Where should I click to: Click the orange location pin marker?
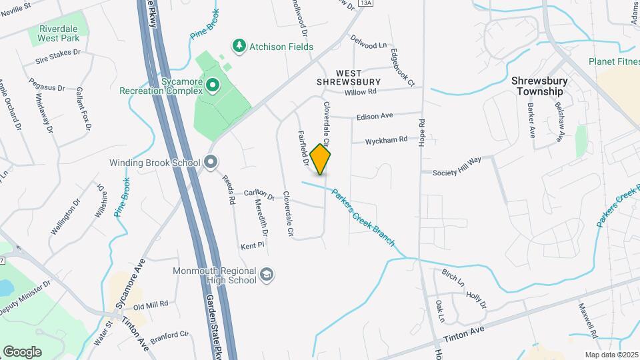pyautogui.click(x=321, y=159)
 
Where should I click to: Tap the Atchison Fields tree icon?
pyautogui.click(x=238, y=46)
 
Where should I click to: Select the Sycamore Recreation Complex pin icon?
pyautogui.click(x=213, y=85)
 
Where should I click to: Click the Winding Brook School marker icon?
pyautogui.click(x=211, y=163)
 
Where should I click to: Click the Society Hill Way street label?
pyautogui.click(x=457, y=171)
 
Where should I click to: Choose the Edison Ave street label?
pyautogui.click(x=375, y=116)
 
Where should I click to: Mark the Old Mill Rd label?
pyautogui.click(x=150, y=305)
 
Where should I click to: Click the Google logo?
pyautogui.click(x=22, y=352)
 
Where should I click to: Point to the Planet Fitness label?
pyautogui.click(x=614, y=61)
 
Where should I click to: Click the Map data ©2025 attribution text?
pyautogui.click(x=611, y=354)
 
